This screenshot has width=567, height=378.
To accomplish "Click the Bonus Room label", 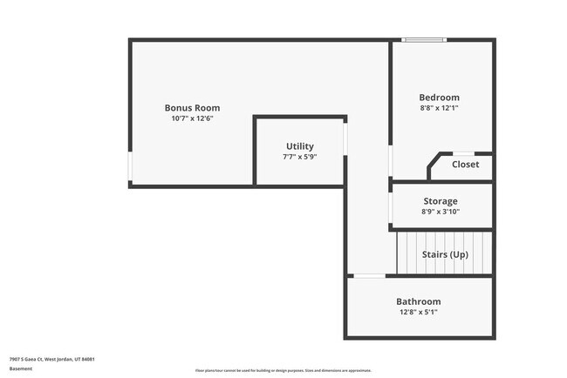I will (x=192, y=108).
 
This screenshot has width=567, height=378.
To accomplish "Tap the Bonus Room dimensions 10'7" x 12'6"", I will (x=192, y=118).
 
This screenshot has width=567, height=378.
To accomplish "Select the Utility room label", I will (x=300, y=146).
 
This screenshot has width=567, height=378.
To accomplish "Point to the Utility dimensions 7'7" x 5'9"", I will (x=300, y=157).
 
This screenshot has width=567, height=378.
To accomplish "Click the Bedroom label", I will (x=439, y=98).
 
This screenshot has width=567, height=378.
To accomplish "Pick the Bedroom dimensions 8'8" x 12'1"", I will (x=439, y=108).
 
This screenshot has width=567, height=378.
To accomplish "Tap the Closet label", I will (x=465, y=164).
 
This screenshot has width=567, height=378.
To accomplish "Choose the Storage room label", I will (x=441, y=201).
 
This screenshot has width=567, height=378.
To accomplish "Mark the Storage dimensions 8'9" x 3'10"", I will (x=441, y=212).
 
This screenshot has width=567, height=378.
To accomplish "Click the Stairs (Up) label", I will (x=445, y=254).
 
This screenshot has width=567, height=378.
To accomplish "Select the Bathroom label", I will (x=419, y=301).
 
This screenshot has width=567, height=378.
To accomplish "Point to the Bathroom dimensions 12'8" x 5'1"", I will (x=419, y=312).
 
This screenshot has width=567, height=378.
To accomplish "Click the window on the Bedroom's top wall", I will (x=424, y=39).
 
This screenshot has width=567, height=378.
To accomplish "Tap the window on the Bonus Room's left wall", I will (x=130, y=165).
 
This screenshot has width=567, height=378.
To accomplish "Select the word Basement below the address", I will (x=22, y=368).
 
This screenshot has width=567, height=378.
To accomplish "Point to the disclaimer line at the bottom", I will (x=283, y=370).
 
